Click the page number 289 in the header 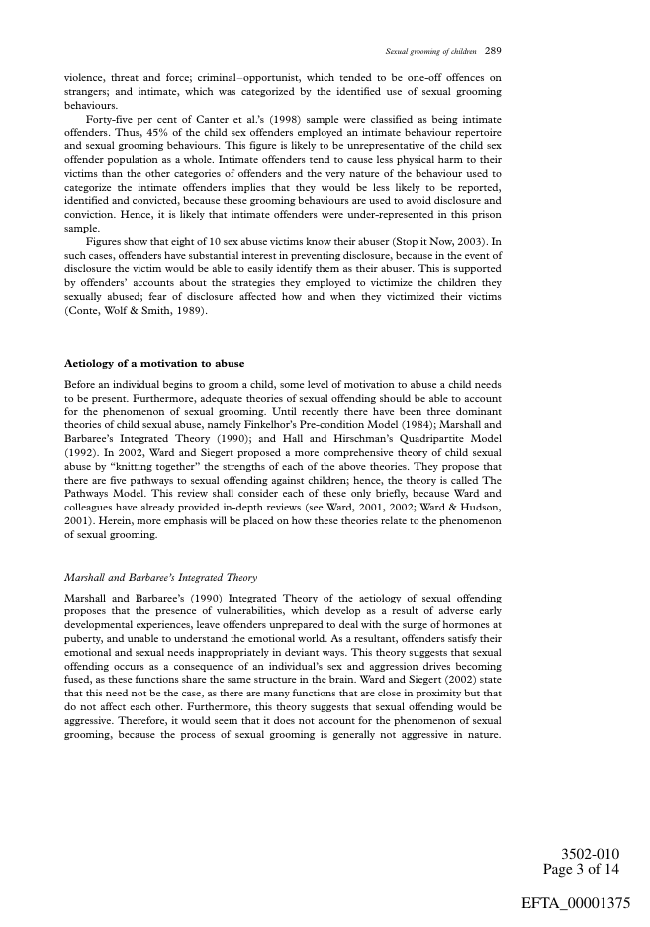point(497,50)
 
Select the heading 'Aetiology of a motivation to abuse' point(154,363)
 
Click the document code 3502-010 point(591,854)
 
